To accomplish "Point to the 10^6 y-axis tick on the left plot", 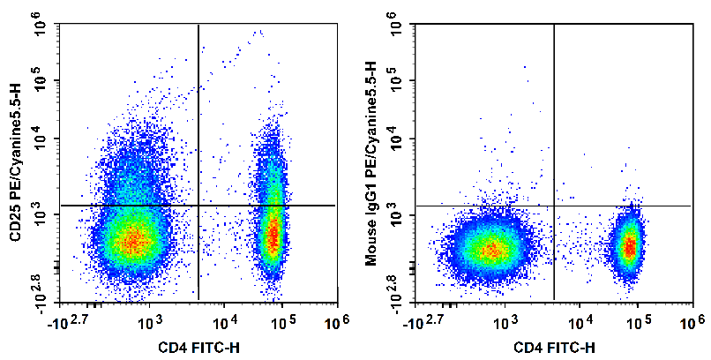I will (x=40, y=28).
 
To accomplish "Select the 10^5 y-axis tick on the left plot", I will (x=40, y=85).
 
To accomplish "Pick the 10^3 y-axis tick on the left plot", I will (x=40, y=215).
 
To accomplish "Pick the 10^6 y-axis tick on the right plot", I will (x=398, y=28).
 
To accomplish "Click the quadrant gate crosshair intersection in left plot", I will (x=198, y=206).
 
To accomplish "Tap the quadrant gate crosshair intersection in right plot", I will (x=554, y=206).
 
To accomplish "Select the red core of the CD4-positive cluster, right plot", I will (x=629, y=248).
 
